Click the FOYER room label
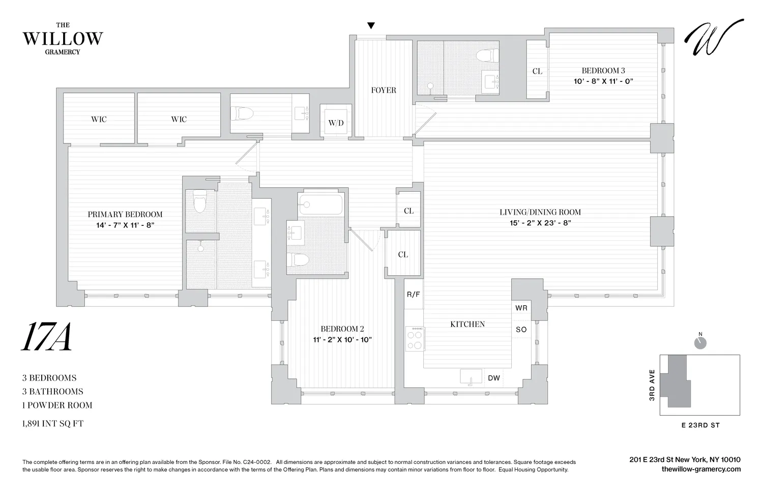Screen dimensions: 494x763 tap(383, 90)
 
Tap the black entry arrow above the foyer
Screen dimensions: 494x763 tap(371, 26)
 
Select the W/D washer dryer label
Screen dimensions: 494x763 tap(336, 123)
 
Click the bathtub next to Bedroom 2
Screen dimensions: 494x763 tap(320, 204)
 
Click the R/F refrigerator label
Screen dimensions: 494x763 tap(413, 295)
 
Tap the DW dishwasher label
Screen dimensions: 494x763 tap(493, 378)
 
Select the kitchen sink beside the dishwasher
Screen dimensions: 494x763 tap(471, 377)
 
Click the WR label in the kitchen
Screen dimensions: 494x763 tap(521, 308)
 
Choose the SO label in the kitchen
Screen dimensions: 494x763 tap(521, 330)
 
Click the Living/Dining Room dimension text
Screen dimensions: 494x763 tap(540, 223)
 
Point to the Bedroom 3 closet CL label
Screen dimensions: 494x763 tap(537, 71)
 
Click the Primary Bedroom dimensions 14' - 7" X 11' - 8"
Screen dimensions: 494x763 tap(125, 225)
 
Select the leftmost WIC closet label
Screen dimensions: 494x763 tap(99, 119)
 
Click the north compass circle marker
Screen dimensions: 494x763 tap(700, 343)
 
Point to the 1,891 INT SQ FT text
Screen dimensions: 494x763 tap(52, 423)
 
